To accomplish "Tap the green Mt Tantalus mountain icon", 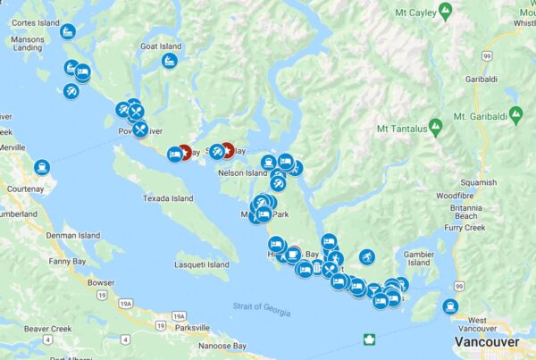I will pos(435,125).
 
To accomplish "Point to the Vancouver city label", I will pos(486,342).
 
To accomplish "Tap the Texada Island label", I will pos(169,198).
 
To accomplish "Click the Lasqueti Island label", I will pos(202,264).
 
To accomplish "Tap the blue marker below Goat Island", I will pos(170,62).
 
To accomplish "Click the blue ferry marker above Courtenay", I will pos(42,167).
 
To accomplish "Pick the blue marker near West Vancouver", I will pos(450,307).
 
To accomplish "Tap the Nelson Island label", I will pos(243,172).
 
